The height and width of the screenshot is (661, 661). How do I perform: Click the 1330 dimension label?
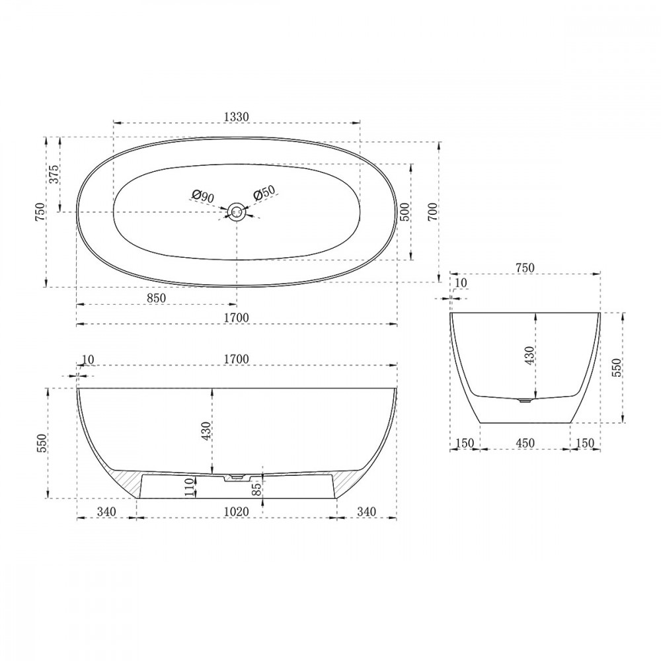pyautogui.click(x=236, y=116)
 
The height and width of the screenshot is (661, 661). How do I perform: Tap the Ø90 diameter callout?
pyautogui.click(x=202, y=196)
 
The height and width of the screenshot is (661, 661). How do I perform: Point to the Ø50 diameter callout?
pyautogui.click(x=263, y=194)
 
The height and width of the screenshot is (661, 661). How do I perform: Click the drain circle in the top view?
pyautogui.click(x=236, y=212)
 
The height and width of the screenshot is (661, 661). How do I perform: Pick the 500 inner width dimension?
pyautogui.click(x=405, y=212)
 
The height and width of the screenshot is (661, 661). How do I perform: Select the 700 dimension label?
pyautogui.click(x=432, y=212)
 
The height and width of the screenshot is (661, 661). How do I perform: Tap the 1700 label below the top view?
pyautogui.click(x=236, y=318)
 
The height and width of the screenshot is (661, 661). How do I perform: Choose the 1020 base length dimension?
pyautogui.click(x=236, y=512)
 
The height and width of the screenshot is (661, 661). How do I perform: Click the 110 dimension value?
pyautogui.click(x=189, y=487)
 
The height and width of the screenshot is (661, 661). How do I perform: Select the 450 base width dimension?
pyautogui.click(x=525, y=443)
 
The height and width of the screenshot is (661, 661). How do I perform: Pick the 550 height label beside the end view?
pyautogui.click(x=617, y=368)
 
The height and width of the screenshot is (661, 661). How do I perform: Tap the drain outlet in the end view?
pyautogui.click(x=525, y=399)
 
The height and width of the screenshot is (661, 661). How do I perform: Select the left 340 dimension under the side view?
pyautogui.click(x=106, y=512)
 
